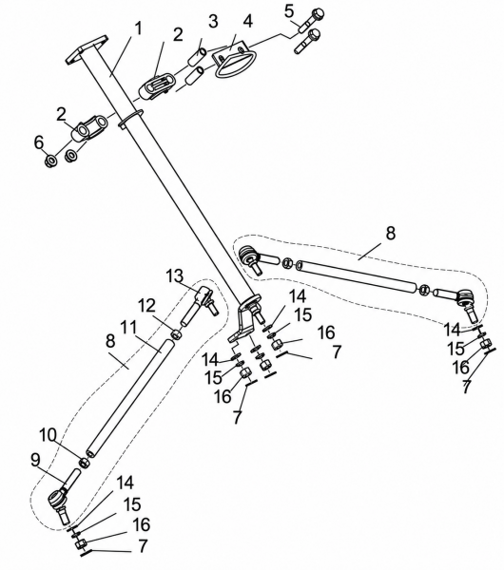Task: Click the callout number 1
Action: pyautogui.click(x=138, y=29)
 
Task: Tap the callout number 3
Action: pyautogui.click(x=213, y=21)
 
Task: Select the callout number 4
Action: pyautogui.click(x=247, y=22)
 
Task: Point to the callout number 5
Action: pyautogui.click(x=289, y=10)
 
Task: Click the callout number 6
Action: pyautogui.click(x=39, y=142)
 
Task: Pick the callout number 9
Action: pyautogui.click(x=35, y=461)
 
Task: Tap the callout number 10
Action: pyautogui.click(x=48, y=435)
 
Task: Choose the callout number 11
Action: pyautogui.click(x=128, y=328)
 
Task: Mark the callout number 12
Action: pyautogui.click(x=146, y=306)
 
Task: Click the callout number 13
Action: pyautogui.click(x=175, y=276)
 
